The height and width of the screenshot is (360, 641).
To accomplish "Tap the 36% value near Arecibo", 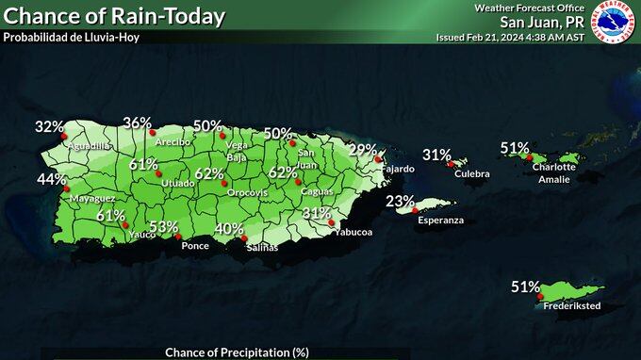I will [137, 123].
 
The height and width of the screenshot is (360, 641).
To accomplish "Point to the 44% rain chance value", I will [51, 179].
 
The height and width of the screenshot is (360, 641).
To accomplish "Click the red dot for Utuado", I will [158, 173].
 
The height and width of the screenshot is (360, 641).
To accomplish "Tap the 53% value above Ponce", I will [163, 227].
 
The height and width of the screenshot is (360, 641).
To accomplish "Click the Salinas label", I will [262, 247].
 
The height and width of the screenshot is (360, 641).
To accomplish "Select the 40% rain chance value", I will [229, 229].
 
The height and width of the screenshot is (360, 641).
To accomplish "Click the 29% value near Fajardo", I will [362, 150].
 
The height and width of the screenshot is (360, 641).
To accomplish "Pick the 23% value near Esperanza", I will [400, 201].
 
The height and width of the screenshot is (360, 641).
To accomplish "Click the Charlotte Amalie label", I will [553, 173].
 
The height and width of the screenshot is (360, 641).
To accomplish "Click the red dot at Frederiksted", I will [540, 297].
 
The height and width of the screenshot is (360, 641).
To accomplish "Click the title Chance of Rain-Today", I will [115, 16].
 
